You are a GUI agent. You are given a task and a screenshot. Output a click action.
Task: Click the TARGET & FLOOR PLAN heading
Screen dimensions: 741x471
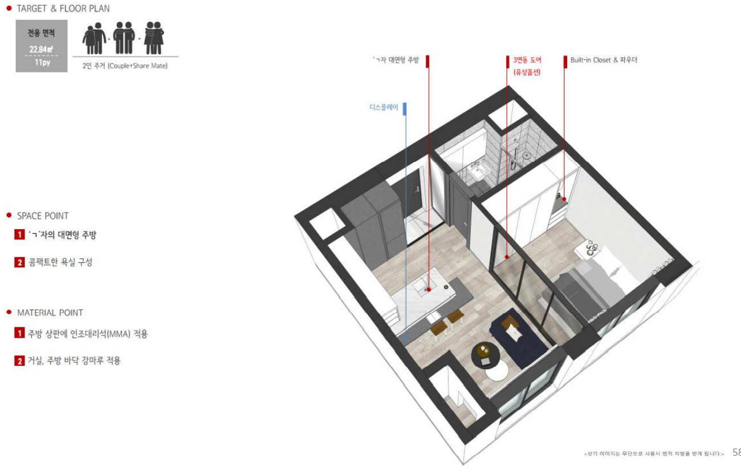click(x=63, y=9)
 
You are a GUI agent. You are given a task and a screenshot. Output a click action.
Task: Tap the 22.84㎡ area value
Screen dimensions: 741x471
click(x=41, y=50)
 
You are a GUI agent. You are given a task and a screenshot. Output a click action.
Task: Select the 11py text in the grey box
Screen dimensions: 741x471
click(x=43, y=62)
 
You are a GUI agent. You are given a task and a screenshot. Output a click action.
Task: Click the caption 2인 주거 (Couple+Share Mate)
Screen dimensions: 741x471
click(x=125, y=66)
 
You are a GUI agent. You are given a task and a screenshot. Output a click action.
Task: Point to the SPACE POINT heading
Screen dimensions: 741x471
click(x=43, y=216)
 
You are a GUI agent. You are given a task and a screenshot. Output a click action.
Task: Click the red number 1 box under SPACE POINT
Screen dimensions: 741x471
click(x=19, y=235)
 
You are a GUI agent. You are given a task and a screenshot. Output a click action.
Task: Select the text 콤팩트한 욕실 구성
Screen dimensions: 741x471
click(x=60, y=262)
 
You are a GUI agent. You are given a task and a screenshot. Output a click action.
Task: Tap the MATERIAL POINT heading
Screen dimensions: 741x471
click(x=50, y=313)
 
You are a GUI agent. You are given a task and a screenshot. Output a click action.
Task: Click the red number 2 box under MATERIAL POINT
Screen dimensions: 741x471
click(x=19, y=361)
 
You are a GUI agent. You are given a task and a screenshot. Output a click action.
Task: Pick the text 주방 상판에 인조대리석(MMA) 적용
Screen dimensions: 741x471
click(x=88, y=334)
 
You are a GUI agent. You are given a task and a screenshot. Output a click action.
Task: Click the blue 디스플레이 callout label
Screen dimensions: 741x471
click(x=384, y=107)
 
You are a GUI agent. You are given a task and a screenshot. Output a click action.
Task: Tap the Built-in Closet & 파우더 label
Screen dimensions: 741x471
click(x=604, y=60)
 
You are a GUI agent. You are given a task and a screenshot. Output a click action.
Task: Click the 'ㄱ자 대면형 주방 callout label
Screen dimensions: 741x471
click(x=396, y=60)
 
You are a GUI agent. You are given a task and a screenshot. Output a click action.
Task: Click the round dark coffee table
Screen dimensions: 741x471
click(x=485, y=355)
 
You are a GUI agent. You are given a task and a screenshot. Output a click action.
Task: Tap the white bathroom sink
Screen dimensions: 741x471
click(x=478, y=172)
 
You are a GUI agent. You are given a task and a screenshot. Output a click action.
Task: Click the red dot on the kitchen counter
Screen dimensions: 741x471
click(x=429, y=290)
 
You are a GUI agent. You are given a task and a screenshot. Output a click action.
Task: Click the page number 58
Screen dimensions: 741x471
click(x=736, y=452)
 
